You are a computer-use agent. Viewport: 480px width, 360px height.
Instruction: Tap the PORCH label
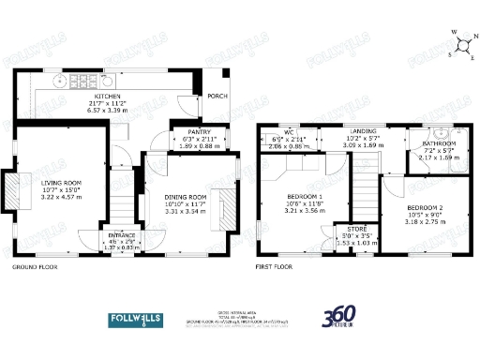[x=217, y=95]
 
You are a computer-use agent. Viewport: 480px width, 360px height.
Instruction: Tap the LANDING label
[x=363, y=132]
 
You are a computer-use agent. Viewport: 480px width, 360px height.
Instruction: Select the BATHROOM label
[x=439, y=143]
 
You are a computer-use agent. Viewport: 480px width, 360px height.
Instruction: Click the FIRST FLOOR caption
[x=274, y=267]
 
